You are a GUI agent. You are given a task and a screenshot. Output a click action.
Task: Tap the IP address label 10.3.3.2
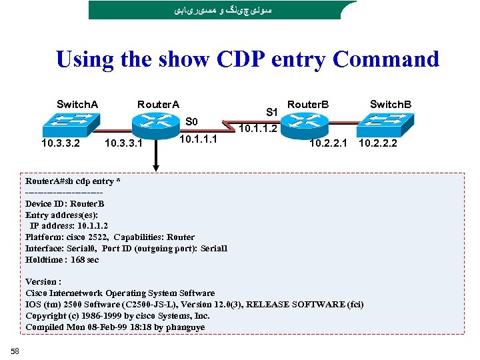61,143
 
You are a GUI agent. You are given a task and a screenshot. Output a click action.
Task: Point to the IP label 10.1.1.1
199,139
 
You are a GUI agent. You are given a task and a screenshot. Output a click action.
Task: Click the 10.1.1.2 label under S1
258,127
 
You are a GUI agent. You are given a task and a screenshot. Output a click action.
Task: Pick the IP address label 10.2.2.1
329,143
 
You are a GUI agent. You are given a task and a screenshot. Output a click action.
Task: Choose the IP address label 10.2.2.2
378,143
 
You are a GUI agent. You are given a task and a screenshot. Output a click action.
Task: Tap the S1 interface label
271,111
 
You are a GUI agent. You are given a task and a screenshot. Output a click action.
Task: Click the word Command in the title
386,59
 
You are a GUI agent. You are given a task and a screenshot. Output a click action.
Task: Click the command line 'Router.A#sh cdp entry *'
73,181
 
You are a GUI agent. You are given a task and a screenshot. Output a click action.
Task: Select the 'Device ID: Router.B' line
65,204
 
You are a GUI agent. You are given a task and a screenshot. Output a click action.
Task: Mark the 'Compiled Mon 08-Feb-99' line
115,327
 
